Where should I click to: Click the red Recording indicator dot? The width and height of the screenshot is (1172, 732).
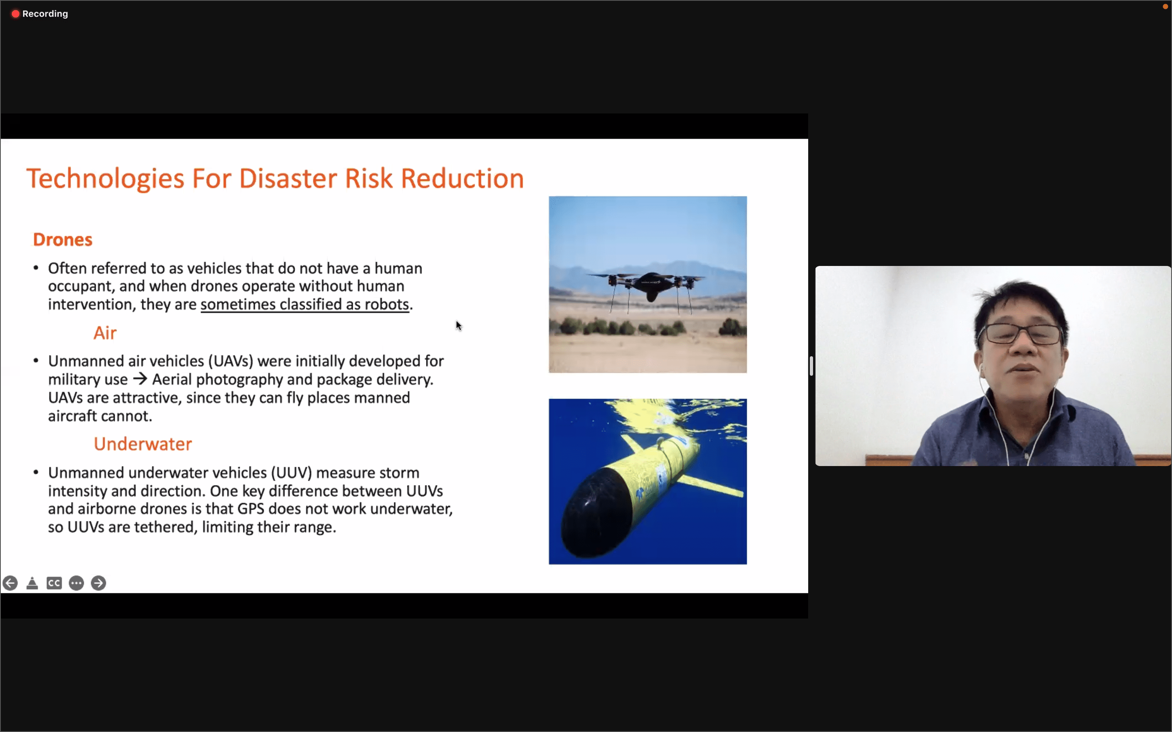click(15, 13)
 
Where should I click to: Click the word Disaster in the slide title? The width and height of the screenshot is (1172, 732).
click(288, 178)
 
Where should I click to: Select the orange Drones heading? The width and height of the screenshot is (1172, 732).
click(63, 240)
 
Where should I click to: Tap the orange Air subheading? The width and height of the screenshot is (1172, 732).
click(105, 333)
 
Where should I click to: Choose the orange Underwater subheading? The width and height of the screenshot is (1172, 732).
click(143, 444)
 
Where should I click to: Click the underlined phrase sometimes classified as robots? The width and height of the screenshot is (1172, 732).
click(305, 305)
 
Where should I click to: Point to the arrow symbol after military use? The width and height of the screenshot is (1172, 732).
click(140, 379)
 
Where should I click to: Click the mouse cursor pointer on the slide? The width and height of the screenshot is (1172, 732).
click(458, 326)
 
